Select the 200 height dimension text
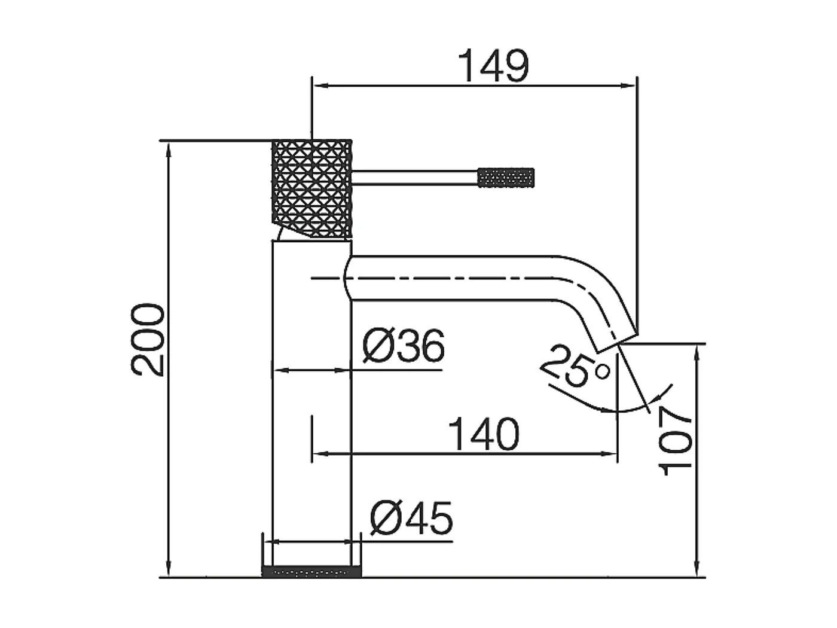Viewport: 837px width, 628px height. point(148,340)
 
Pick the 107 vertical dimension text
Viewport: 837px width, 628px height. point(677,440)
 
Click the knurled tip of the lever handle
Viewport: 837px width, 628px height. point(506,178)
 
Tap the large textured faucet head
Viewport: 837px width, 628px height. point(311,188)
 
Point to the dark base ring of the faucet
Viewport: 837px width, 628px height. point(311,572)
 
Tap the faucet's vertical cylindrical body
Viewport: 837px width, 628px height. point(311,407)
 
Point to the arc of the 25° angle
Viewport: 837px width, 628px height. point(622,411)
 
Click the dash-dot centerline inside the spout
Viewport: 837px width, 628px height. point(448,278)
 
